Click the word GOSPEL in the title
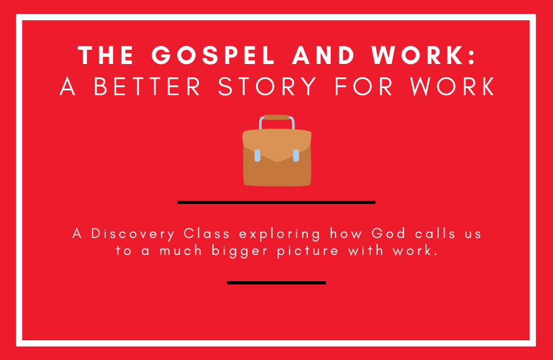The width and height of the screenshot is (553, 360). [x=213, y=55]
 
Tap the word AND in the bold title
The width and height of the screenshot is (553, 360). [x=323, y=55]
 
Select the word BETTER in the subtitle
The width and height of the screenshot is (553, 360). [x=147, y=86]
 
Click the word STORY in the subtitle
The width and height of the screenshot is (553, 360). [x=267, y=86]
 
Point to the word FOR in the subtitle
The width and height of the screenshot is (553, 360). [x=364, y=86]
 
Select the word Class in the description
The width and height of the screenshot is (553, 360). [x=206, y=234]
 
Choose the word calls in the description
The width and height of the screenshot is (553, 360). [x=435, y=234]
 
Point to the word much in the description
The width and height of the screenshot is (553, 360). [x=181, y=251]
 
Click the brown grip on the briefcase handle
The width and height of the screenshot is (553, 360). [x=276, y=117]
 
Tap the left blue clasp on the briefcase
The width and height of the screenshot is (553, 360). [x=257, y=155]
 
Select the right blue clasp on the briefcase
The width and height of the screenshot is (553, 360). [x=296, y=155]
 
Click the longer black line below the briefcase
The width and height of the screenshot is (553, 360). [x=276, y=202]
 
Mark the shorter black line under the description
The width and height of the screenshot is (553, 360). [x=276, y=283]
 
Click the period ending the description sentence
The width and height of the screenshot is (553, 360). [x=436, y=256]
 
